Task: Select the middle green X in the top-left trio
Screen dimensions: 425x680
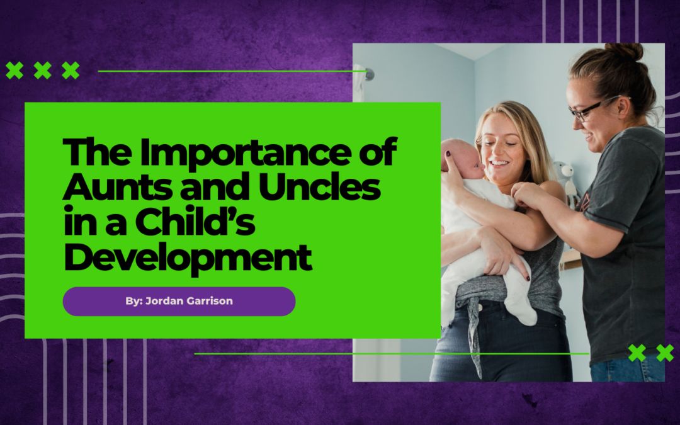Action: point(42,71)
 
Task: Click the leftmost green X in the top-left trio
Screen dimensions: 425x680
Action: point(14,71)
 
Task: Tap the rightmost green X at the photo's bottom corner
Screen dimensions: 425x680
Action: point(665,353)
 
